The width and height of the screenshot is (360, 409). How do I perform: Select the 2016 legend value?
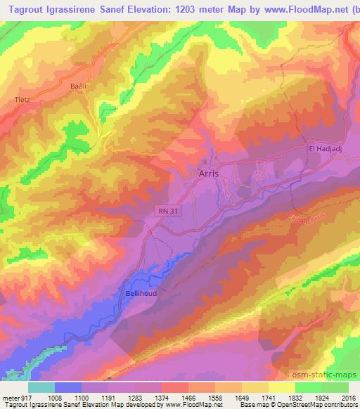pos(348,397)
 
